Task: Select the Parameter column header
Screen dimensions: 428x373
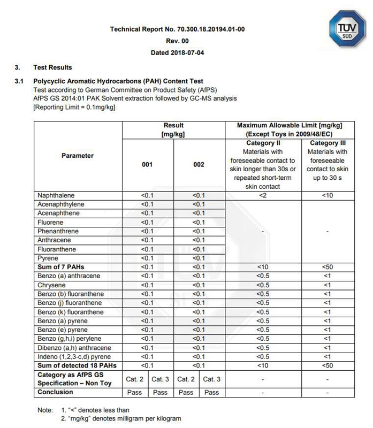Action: coord(78,156)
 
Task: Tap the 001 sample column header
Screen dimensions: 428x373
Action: coord(147,165)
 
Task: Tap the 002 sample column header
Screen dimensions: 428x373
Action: coord(199,165)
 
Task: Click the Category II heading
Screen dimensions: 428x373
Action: coord(263,143)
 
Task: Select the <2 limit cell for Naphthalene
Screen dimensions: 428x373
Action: coord(263,196)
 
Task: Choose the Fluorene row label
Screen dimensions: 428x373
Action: coord(51,223)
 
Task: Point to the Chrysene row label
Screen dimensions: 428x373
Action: coord(52,285)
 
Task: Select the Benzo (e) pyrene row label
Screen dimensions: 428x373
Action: coord(63,330)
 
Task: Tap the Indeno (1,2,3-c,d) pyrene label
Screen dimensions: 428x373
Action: coord(74,356)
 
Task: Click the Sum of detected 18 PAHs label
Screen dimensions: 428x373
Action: coord(77,365)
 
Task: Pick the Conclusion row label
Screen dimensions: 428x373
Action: coord(55,392)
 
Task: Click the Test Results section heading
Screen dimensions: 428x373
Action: coord(52,68)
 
